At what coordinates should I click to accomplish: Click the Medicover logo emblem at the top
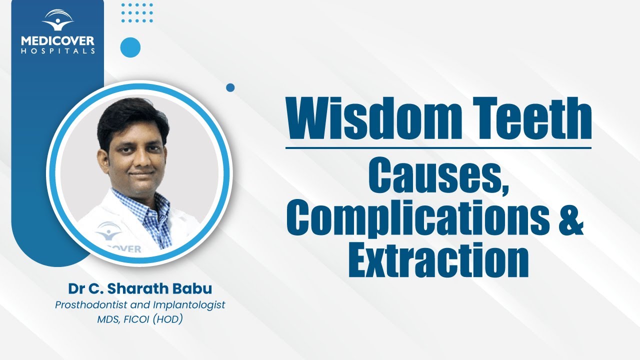click(58, 20)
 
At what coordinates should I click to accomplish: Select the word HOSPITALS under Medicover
click(58, 50)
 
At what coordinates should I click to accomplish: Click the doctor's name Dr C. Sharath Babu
click(140, 289)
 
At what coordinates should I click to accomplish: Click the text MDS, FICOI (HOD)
click(140, 319)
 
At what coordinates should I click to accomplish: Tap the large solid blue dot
click(130, 47)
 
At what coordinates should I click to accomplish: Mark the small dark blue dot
click(230, 87)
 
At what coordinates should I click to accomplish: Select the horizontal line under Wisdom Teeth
click(438, 147)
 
